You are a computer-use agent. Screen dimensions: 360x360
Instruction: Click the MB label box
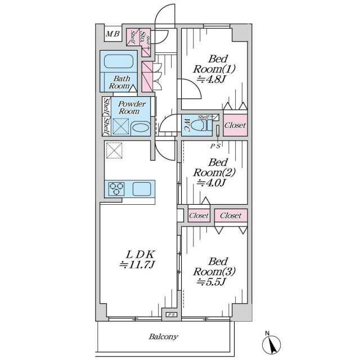[x=113, y=34]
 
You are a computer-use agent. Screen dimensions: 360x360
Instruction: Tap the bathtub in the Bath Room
[x=119, y=61]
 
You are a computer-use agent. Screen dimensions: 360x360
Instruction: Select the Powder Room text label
[x=132, y=107]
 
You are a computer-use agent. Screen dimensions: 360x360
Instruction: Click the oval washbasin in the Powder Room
[x=141, y=128]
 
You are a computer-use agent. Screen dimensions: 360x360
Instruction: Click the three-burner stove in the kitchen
[x=116, y=189]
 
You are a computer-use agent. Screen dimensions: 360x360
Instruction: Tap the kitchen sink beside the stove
[x=142, y=189]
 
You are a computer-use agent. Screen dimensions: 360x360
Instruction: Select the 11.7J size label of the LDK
[x=137, y=265]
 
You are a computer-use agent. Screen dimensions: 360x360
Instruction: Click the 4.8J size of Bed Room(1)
[x=211, y=79]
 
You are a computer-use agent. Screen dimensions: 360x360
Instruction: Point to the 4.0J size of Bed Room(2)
[x=211, y=183]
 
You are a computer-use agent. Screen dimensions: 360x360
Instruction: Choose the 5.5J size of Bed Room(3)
[x=211, y=282]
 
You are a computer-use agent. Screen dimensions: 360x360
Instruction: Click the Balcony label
[x=163, y=337]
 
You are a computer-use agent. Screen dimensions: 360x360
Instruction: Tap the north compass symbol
[x=271, y=343]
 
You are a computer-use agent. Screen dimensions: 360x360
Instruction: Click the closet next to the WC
[x=235, y=125]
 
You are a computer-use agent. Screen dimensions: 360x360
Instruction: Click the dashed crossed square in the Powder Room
[x=120, y=127]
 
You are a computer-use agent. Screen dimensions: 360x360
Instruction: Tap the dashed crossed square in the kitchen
[x=114, y=150]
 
